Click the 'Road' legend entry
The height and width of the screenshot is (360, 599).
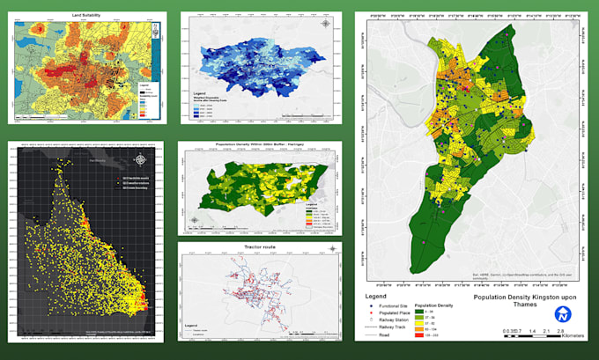pos(384,335)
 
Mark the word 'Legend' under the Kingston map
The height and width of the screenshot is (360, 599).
pos(378,297)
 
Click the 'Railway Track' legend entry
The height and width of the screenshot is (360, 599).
pos(388,327)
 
